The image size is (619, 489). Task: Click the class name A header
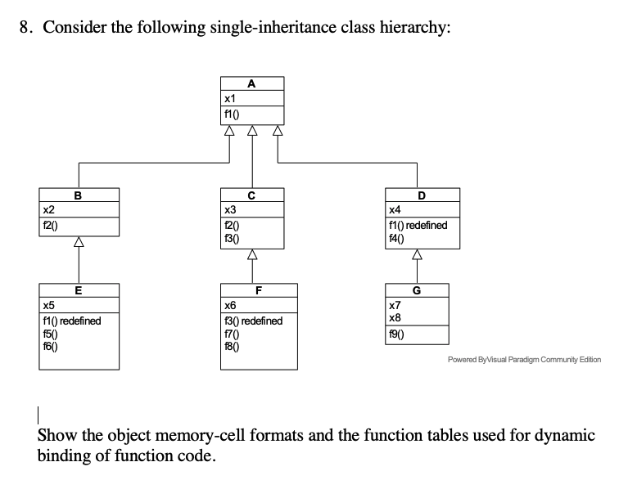coord(251,83)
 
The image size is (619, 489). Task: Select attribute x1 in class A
coord(230,97)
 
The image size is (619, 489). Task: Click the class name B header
coord(78,195)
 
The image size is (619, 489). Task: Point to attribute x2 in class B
coord(51,209)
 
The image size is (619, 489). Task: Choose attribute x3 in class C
coord(230,209)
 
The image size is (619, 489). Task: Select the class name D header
coord(421,195)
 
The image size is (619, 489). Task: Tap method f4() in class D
coord(397,237)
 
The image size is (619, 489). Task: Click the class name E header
coord(78,289)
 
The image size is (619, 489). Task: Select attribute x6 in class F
coord(230,304)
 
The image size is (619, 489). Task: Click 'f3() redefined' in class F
coord(253,321)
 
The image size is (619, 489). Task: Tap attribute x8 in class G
coord(395,316)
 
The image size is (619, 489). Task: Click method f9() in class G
coord(397,334)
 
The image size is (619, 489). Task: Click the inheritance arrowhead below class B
coord(78,242)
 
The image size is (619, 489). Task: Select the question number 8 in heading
coord(25,27)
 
